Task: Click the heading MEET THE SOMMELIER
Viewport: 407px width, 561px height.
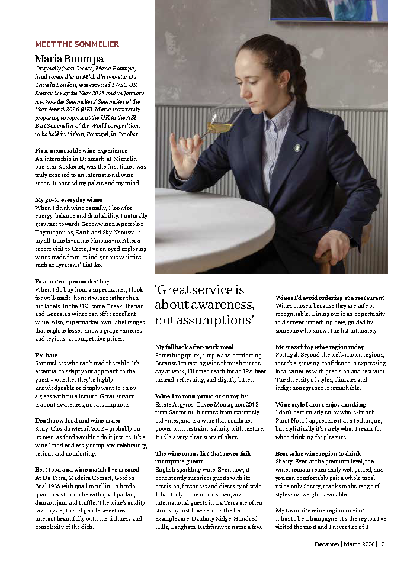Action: [x=77, y=44]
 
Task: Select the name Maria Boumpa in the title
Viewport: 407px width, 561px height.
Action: [x=69, y=59]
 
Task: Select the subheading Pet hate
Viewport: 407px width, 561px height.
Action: [x=46, y=355]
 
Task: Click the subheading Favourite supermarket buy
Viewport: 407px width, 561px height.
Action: [x=72, y=282]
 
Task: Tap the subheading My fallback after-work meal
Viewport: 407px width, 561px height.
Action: [x=194, y=347]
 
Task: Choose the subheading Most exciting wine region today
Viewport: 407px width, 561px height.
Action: [x=319, y=347]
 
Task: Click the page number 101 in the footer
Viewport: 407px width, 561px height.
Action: [x=382, y=544]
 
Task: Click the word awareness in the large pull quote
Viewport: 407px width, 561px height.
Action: [x=219, y=305]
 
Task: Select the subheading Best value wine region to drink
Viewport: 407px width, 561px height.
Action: [x=318, y=453]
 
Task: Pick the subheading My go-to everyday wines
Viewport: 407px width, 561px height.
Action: [x=69, y=199]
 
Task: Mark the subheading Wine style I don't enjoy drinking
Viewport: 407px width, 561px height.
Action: [x=321, y=404]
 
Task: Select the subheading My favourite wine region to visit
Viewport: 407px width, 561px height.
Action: [x=319, y=510]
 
